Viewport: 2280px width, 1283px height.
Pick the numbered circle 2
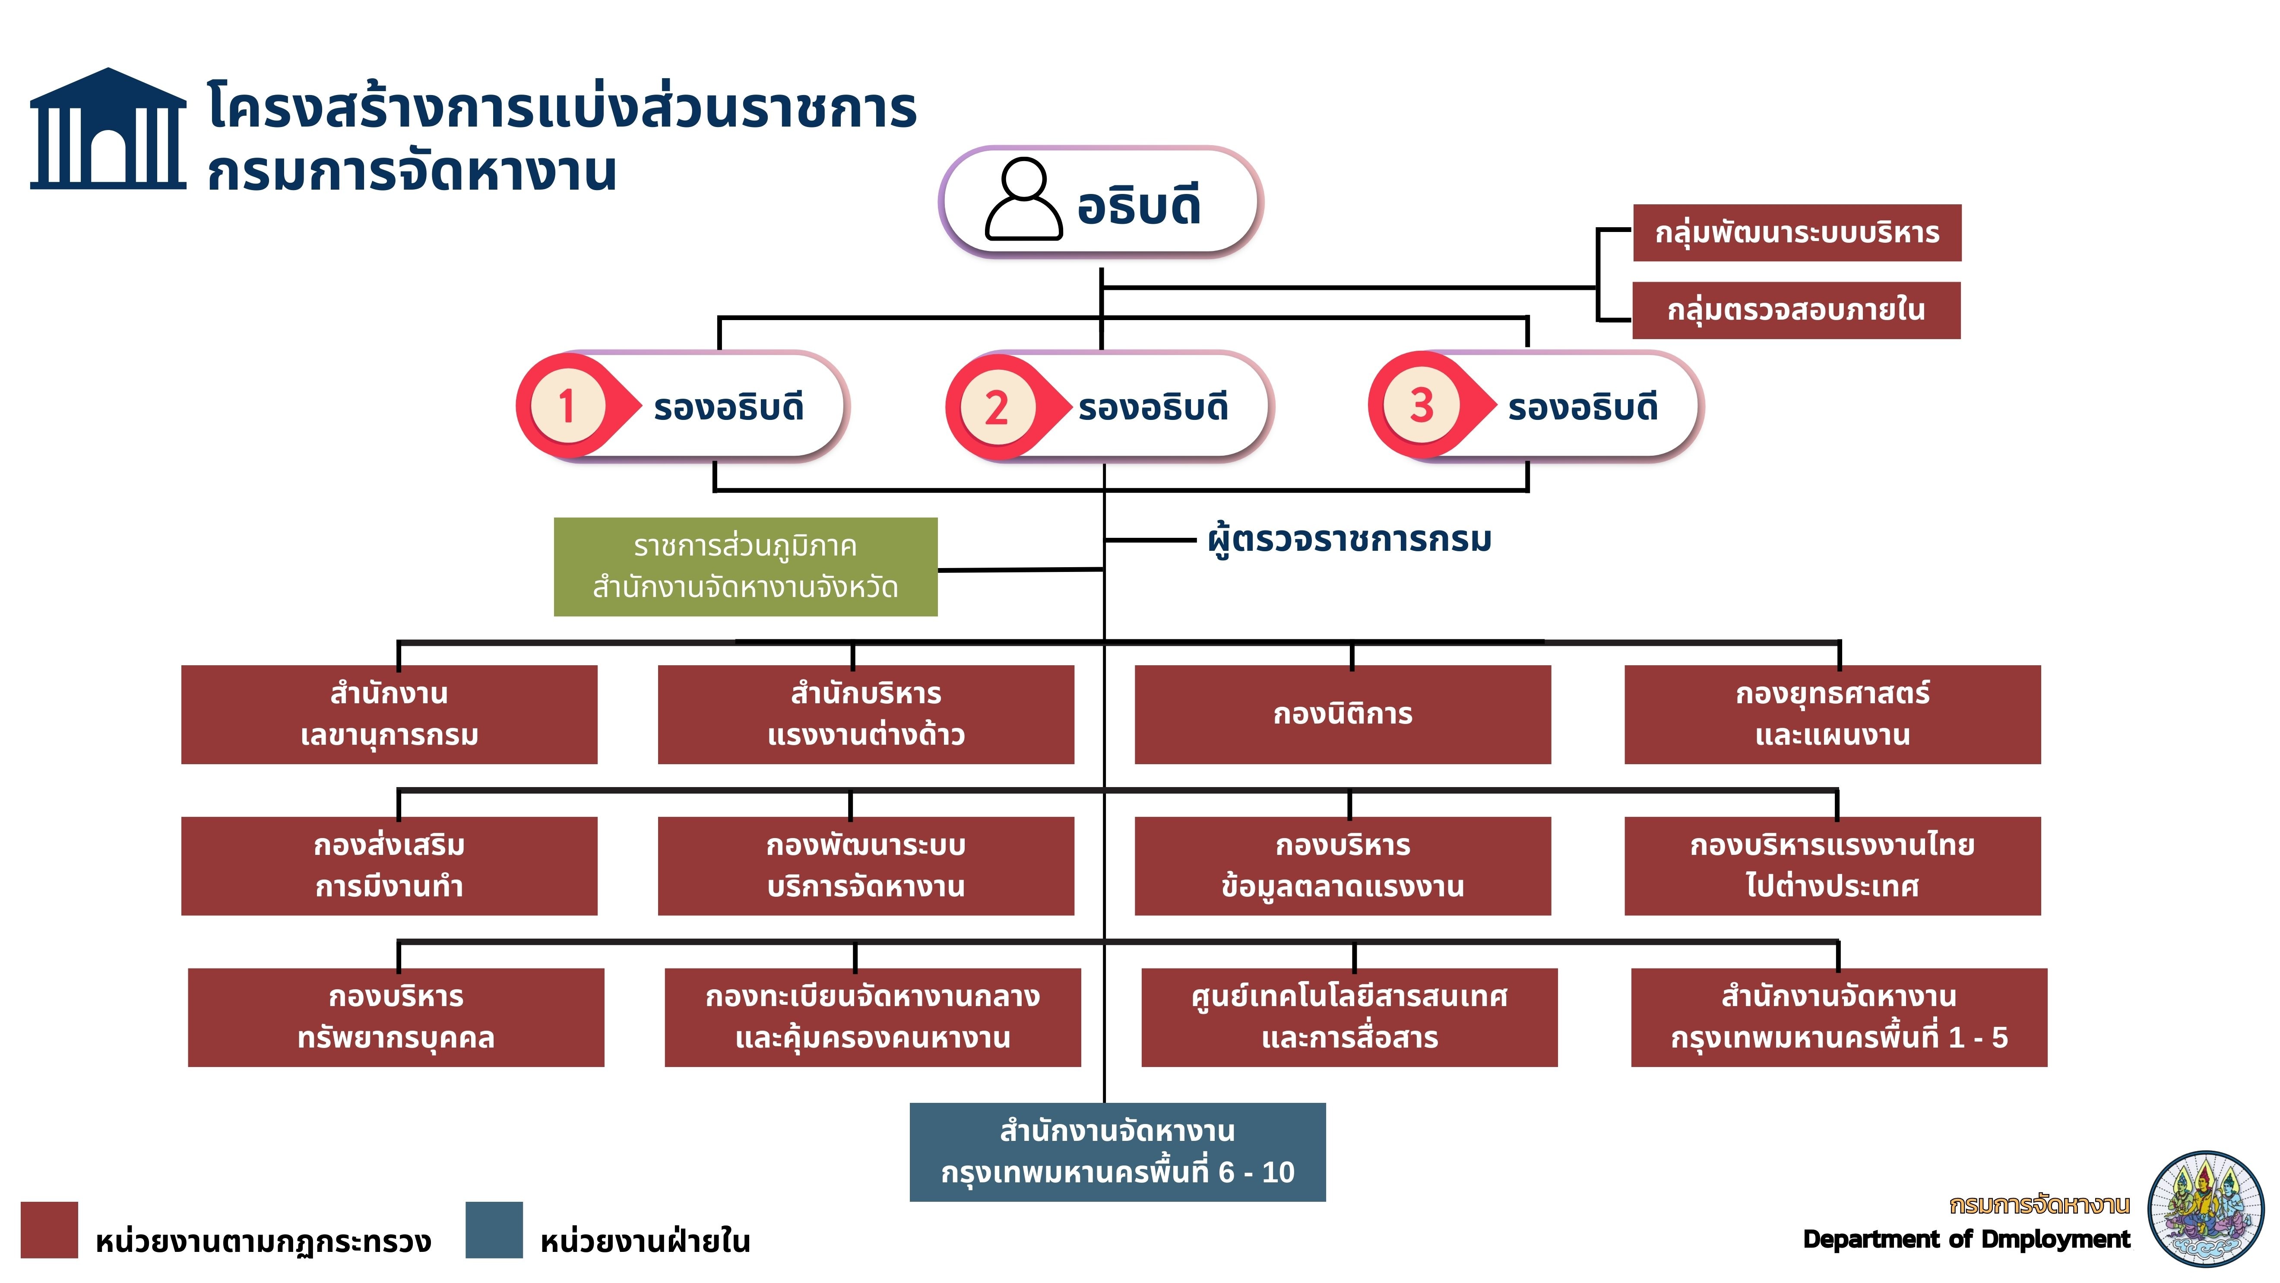[x=997, y=407]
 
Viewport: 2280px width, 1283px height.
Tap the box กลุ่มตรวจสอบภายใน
[x=1796, y=310]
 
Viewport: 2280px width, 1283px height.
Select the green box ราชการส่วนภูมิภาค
[x=745, y=567]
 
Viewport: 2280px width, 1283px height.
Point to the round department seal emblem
[x=2205, y=1209]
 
